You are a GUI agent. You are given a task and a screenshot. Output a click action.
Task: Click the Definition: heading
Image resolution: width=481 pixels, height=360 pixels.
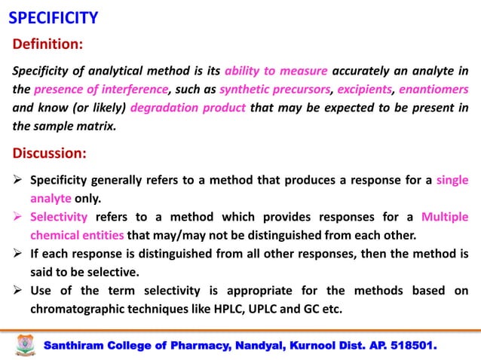click(47, 44)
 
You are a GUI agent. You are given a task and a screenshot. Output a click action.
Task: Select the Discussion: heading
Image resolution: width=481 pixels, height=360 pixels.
click(50, 154)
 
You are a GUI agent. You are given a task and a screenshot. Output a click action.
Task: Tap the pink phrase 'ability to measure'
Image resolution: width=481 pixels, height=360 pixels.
click(276, 72)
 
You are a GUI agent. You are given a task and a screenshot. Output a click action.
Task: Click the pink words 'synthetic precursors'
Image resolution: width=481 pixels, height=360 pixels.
click(274, 90)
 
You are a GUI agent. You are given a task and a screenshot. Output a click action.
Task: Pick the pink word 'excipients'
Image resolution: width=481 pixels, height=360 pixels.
click(365, 90)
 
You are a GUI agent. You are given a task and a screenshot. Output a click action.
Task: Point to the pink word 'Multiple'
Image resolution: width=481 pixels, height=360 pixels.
click(444, 217)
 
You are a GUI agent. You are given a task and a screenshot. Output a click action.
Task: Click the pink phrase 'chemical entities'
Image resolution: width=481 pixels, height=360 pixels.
click(78, 234)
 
